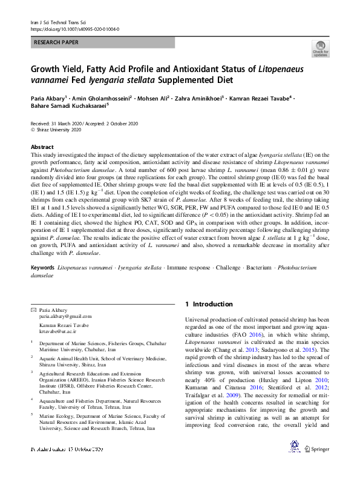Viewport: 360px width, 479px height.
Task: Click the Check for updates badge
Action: click(320, 49)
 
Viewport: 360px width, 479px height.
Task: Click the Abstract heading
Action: click(42, 147)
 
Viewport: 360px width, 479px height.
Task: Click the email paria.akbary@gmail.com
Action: click(61, 316)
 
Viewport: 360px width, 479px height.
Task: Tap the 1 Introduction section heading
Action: click(209, 304)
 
